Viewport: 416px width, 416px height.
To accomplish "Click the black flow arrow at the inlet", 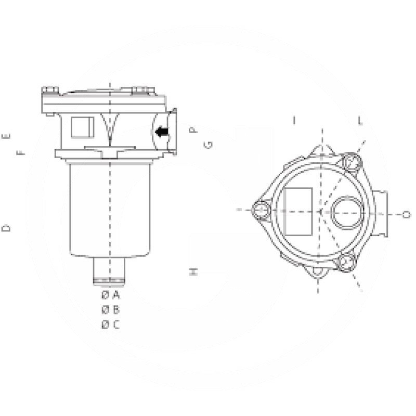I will (x=163, y=133).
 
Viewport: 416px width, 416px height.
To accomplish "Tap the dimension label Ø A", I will (x=110, y=295).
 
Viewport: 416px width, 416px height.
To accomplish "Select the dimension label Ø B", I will (x=110, y=310).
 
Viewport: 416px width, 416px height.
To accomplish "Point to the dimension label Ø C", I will (x=110, y=325).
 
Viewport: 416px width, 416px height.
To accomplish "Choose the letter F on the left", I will (x=21, y=152).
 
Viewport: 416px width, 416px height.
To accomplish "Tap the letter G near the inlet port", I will (x=208, y=145).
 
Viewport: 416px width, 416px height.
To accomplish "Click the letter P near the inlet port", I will (x=193, y=130).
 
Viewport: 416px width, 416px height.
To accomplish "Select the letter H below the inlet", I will (x=193, y=271).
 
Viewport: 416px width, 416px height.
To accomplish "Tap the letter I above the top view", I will (x=294, y=121).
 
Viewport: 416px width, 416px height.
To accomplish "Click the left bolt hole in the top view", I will (x=261, y=210).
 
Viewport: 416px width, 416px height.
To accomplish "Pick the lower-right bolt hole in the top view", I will (x=344, y=263).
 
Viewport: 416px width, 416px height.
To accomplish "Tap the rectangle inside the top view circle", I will (x=298, y=210).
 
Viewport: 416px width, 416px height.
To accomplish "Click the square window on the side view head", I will (x=82, y=127).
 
